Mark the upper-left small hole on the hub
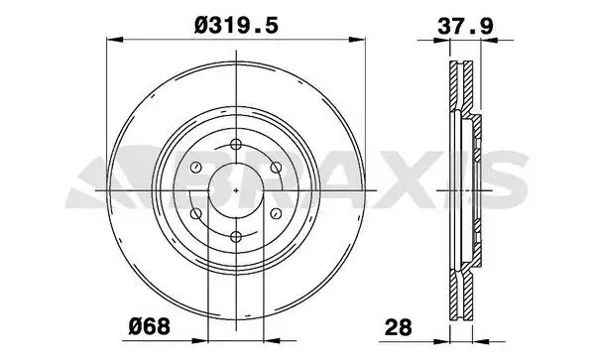click(x=195, y=166)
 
